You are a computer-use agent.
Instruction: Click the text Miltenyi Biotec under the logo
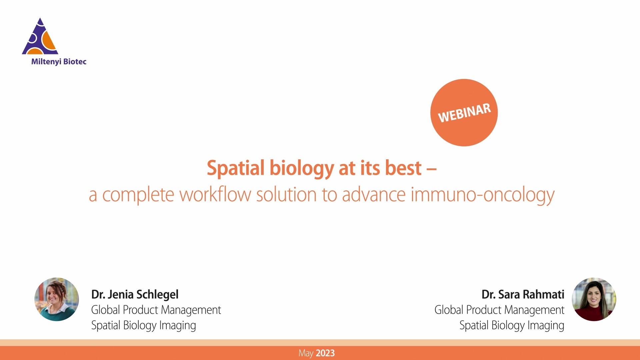pos(59,62)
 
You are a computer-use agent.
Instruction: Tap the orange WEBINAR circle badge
pos(464,113)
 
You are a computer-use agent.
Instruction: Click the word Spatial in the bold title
pos(235,168)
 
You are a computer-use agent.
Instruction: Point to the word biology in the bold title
pos(301,169)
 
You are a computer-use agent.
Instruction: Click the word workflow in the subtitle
pos(215,195)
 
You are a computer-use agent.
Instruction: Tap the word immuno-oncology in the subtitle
pos(482,195)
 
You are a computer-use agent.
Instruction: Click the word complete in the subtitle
pos(138,195)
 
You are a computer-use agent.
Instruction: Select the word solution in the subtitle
pos(286,195)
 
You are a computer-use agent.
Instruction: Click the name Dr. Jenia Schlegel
pos(135,294)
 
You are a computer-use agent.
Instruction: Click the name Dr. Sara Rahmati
pos(523,294)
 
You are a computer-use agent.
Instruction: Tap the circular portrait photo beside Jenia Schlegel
pos(57,299)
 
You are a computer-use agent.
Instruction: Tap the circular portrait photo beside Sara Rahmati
pos(594,299)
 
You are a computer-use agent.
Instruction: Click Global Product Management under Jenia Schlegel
pos(156,310)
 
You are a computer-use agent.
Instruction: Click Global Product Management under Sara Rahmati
pos(499,310)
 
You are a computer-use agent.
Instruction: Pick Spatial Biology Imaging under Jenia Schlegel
pos(143,325)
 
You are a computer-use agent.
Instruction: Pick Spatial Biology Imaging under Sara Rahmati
pos(512,325)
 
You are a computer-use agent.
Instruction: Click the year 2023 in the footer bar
pos(325,353)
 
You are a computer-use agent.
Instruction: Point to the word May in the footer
pos(306,353)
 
